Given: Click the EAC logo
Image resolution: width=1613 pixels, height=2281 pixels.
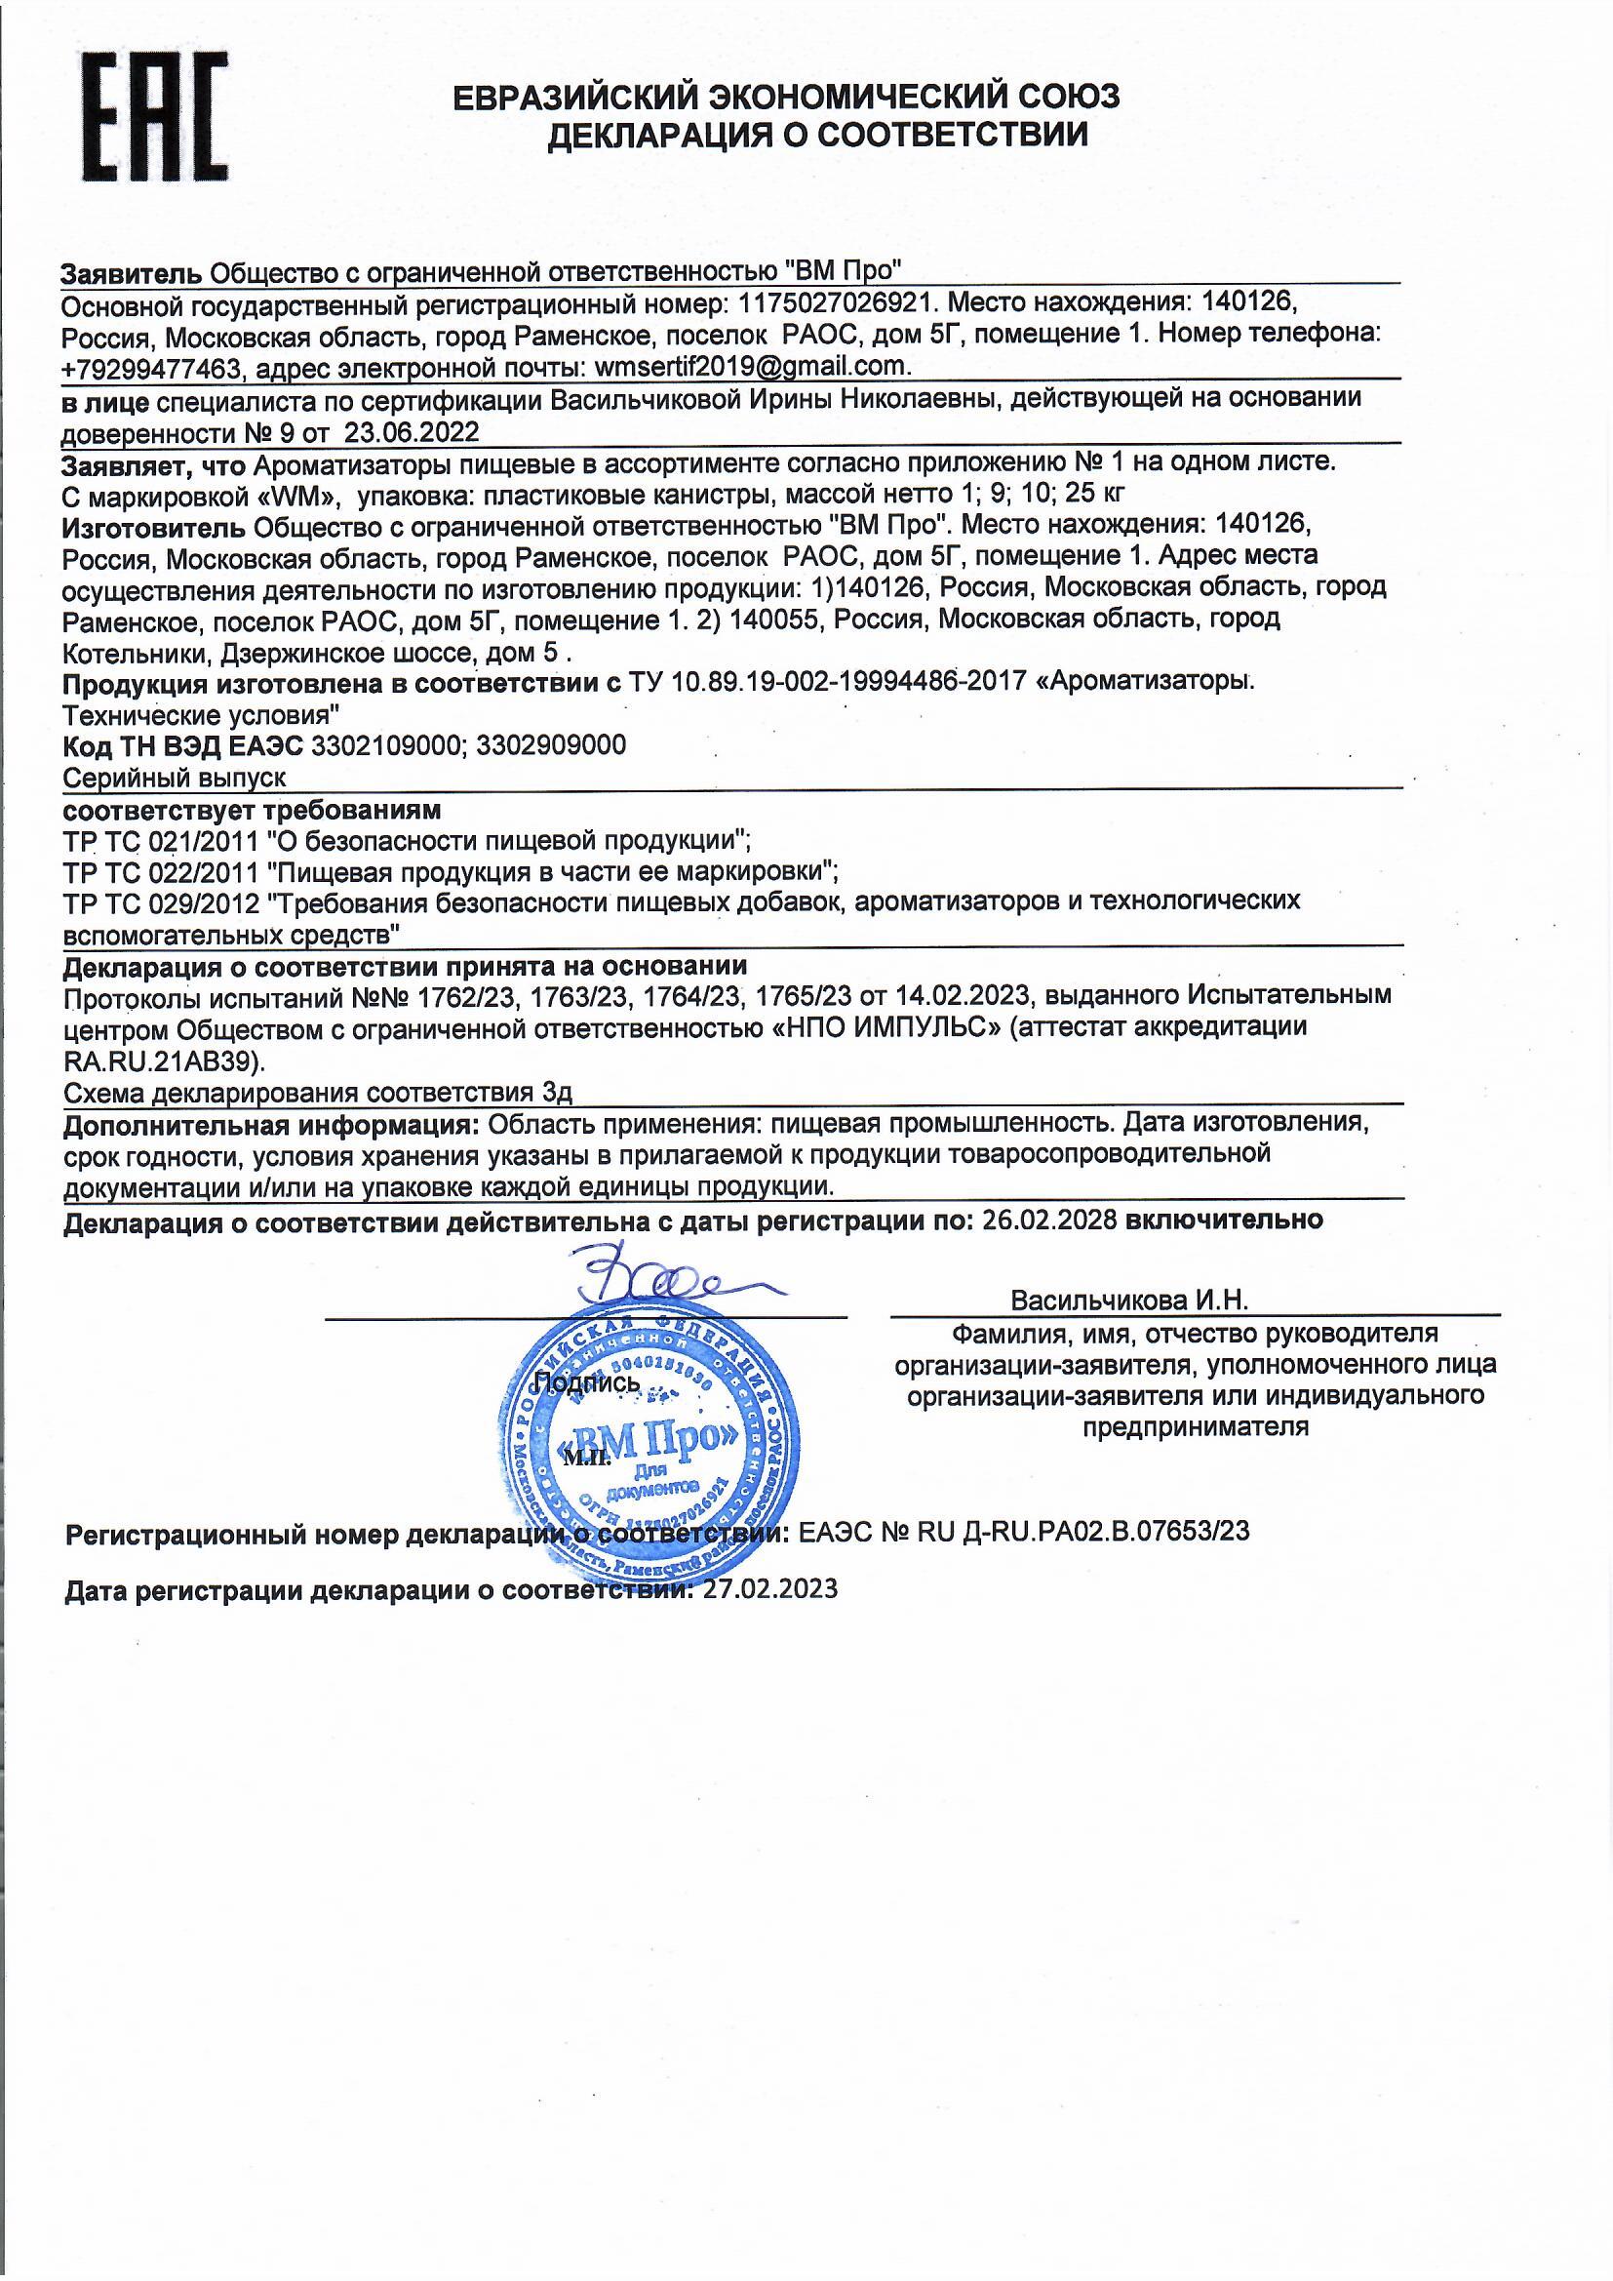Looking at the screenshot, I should coord(154,116).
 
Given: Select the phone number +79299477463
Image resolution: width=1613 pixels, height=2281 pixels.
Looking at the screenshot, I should coord(151,369).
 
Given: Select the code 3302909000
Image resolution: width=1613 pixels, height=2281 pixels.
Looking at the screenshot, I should coord(551,745).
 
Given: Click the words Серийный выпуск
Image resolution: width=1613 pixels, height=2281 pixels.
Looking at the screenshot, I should coord(175,778).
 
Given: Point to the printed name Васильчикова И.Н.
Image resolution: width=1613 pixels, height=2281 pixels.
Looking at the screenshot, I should coord(1128,1301).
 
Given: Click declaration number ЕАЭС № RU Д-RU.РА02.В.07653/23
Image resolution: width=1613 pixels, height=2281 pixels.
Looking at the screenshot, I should coord(1023,1531).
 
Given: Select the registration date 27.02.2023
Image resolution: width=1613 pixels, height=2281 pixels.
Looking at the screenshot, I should coord(769,1588).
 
